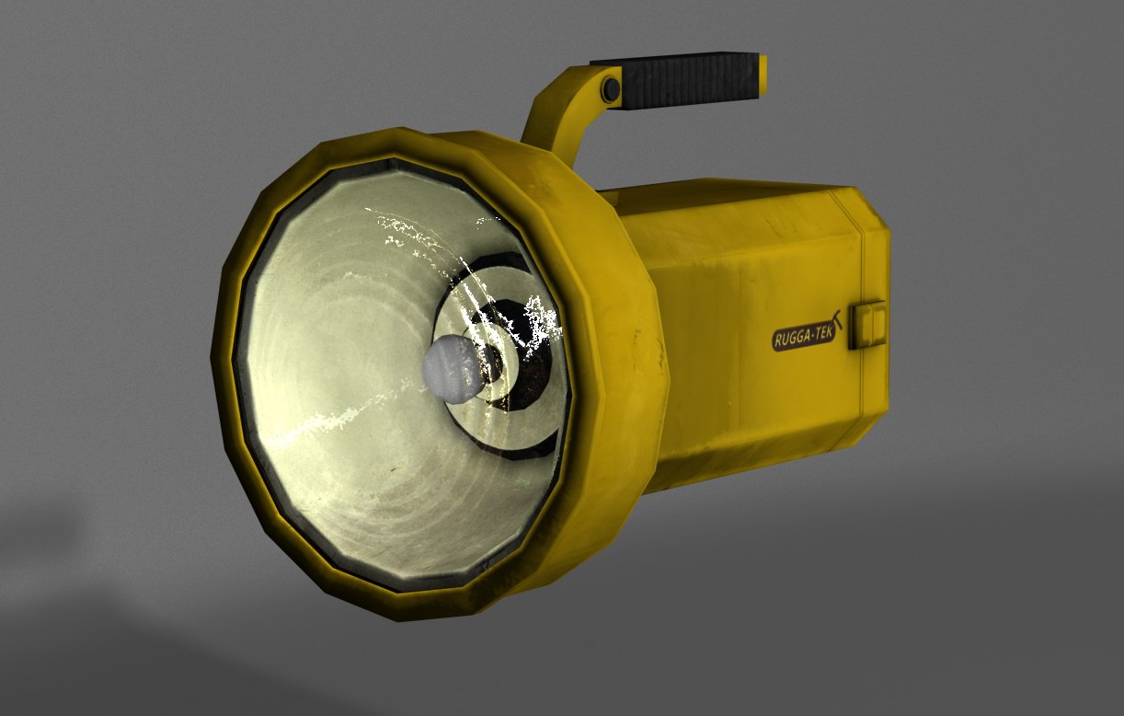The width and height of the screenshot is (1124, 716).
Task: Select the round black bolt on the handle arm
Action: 611,88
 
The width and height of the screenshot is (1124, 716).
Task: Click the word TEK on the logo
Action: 824,335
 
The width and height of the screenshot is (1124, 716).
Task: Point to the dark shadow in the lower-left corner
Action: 55,644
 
